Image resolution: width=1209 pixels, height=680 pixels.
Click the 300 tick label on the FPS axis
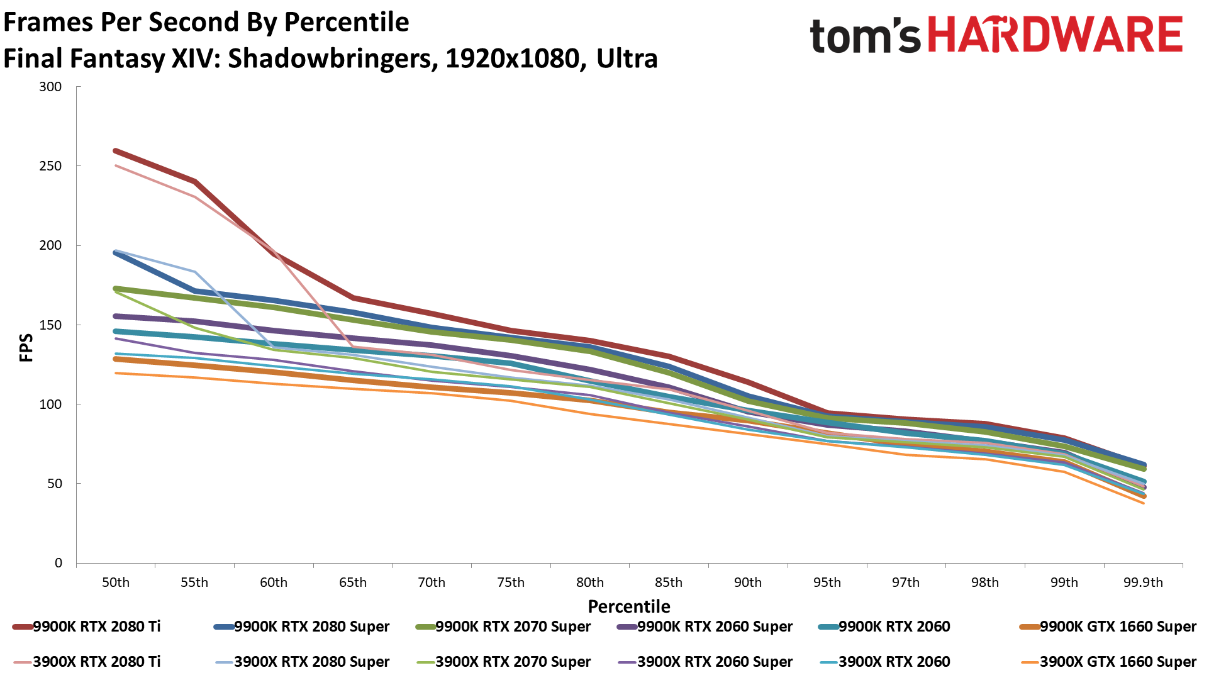50,87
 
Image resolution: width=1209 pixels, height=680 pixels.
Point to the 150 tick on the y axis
50,325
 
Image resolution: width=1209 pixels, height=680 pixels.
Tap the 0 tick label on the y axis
58,563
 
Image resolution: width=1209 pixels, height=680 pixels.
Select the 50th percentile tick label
116,582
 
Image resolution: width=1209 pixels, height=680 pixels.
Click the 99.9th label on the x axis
1143,582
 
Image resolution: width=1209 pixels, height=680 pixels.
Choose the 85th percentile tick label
668,582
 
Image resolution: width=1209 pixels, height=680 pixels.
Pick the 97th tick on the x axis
905,582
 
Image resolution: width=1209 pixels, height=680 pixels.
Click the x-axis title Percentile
629,606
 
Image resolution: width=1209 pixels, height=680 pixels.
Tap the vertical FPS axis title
26,348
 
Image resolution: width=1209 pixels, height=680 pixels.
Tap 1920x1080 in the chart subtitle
512,59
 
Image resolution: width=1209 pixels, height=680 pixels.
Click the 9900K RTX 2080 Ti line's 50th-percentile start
116,151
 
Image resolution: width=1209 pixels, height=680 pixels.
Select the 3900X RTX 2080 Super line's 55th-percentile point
195,272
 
